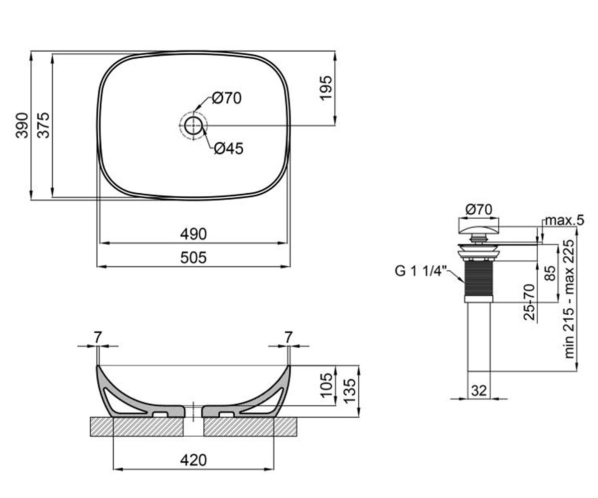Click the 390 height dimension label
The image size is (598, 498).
[22, 125]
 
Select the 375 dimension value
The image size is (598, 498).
[43, 125]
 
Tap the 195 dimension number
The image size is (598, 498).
[326, 88]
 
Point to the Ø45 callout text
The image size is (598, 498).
[229, 148]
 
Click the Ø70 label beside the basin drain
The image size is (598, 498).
[227, 98]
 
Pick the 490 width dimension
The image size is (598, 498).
[193, 234]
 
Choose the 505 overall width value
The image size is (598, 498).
[193, 257]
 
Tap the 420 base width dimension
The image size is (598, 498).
[193, 460]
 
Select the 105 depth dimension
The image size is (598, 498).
[326, 385]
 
